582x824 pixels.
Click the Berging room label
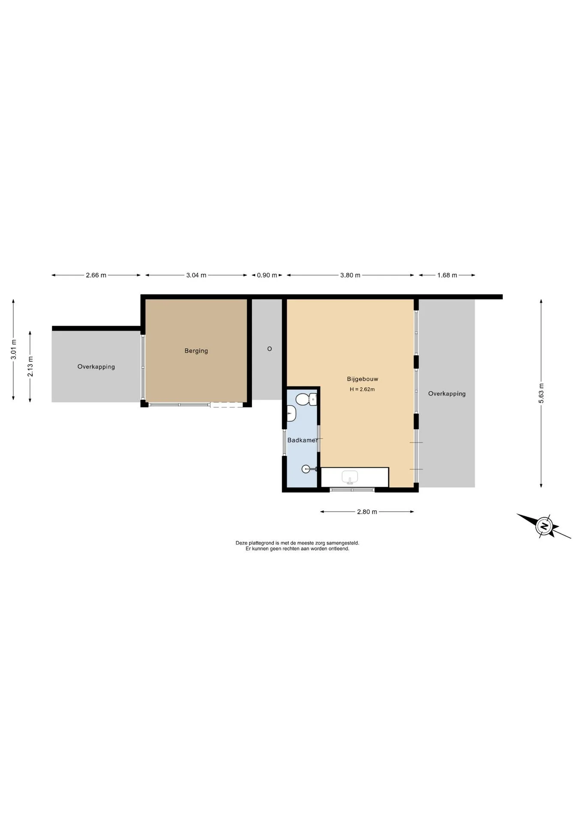[196, 351]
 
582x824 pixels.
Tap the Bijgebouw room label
[363, 379]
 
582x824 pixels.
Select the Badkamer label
[303, 440]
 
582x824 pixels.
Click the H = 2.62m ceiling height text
[362, 389]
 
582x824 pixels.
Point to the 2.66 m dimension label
[96, 275]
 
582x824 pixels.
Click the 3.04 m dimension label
[196, 275]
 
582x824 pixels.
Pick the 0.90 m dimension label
[267, 275]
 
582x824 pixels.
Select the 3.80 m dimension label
[350, 275]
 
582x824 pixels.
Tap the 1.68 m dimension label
[447, 275]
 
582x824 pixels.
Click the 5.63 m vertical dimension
[541, 393]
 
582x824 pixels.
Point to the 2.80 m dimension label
[367, 512]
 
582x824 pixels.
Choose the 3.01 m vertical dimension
[13, 349]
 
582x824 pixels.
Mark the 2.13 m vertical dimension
[30, 367]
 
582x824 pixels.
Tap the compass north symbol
[544, 526]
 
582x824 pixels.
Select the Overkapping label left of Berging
[96, 367]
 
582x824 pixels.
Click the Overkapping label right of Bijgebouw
[447, 394]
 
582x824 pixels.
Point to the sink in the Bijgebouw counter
[350, 477]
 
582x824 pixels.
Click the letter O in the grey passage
[270, 349]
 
